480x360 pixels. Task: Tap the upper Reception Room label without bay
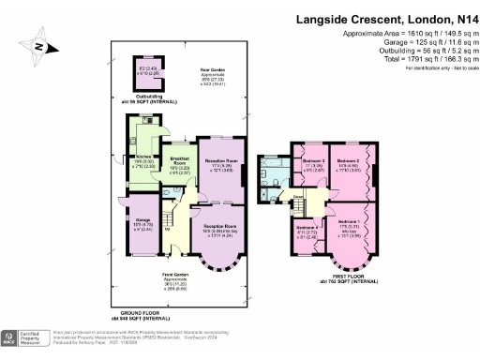point(222,165)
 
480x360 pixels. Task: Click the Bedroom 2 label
point(349,166)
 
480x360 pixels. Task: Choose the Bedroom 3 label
point(313,166)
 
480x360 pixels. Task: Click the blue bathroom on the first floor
point(282,172)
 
